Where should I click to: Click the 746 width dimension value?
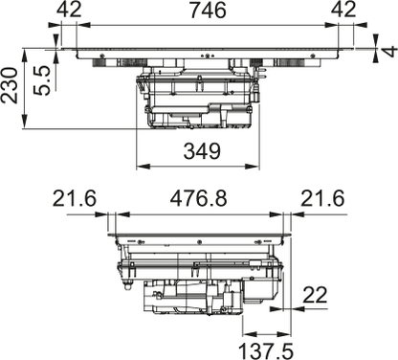(208, 10)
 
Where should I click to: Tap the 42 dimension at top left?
(69, 10)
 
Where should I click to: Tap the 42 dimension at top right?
(343, 10)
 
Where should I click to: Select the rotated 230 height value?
(10, 85)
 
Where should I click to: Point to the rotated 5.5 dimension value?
(42, 80)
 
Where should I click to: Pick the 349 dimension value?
(202, 151)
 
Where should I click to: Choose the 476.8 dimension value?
(198, 198)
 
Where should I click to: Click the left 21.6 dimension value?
(75, 198)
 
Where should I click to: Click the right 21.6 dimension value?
(322, 198)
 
